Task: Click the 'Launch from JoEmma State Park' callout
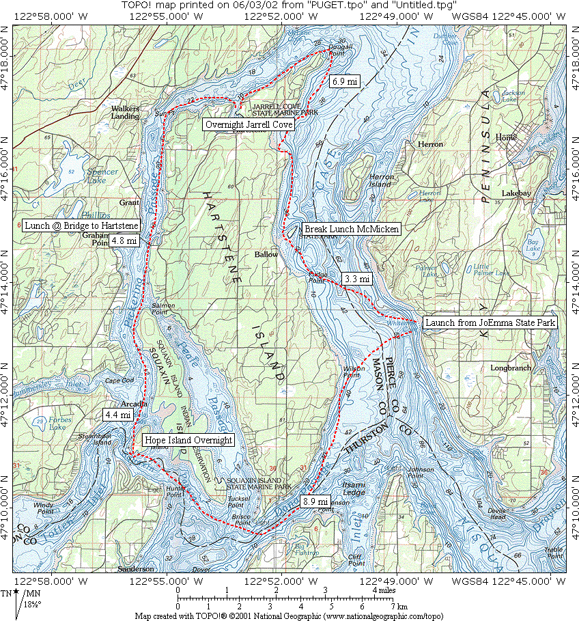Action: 490,322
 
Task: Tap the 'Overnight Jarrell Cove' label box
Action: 249,124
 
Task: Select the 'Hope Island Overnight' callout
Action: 188,440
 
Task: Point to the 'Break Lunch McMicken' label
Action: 351,229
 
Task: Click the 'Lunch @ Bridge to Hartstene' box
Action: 81,225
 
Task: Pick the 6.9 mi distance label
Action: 345,81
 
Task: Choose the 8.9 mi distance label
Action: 314,501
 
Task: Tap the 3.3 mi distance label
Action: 357,279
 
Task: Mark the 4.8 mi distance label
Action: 124,240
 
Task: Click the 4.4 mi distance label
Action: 116,414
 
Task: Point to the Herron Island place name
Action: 381,181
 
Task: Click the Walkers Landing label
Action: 126,112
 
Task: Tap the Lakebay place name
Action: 516,193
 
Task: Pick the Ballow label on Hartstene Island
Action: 266,254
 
